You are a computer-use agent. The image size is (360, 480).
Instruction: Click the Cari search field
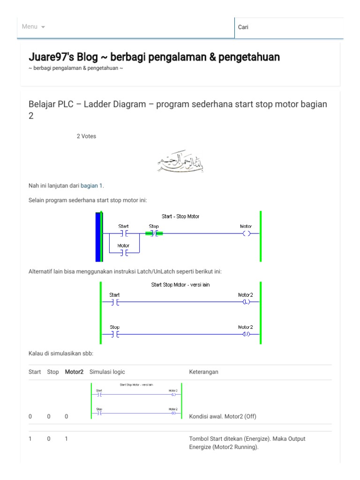288,27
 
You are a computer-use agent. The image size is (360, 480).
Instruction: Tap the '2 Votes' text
86,136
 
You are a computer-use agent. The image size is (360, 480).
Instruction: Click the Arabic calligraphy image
180,162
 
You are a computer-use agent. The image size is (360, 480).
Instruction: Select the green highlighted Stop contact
154,233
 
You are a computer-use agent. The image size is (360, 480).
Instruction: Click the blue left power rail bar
98,236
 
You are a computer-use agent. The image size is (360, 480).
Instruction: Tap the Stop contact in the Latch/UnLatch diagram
115,334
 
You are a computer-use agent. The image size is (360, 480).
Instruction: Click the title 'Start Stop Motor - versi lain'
180,285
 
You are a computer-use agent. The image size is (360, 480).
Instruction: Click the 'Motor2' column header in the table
74,372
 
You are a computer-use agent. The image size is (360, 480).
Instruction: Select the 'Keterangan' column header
203,372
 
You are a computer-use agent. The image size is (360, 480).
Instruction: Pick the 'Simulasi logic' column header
107,372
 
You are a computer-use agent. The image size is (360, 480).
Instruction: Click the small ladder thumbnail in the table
136,401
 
